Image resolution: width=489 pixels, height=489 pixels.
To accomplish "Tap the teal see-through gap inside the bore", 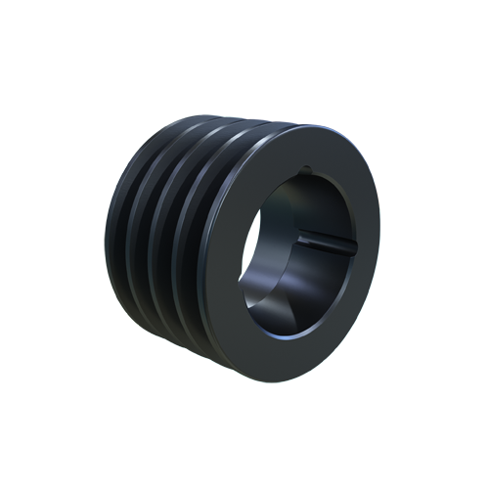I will click(256, 235).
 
